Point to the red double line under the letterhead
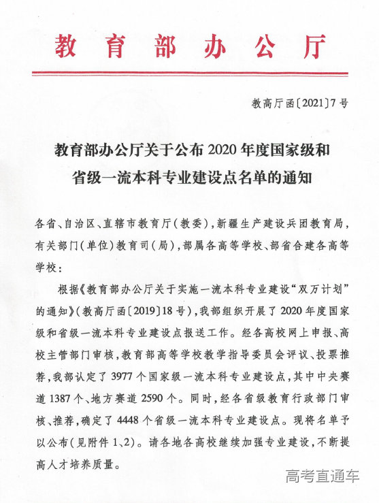coord(189,73)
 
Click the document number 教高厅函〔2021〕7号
coord(299,104)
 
